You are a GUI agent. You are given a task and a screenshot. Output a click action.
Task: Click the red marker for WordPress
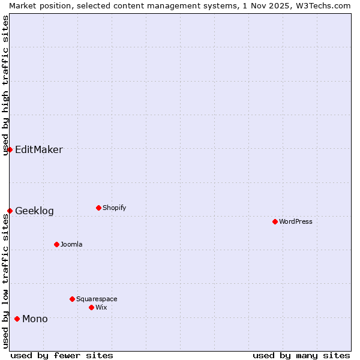[x=275, y=221]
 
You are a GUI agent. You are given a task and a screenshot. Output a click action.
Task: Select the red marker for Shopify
[x=98, y=208]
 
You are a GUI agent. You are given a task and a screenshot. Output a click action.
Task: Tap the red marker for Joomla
[x=56, y=244]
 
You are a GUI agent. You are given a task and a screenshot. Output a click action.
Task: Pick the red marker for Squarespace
[x=72, y=299]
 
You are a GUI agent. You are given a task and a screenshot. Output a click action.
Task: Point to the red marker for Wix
[x=91, y=307]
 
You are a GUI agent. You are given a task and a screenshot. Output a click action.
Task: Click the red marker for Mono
[x=17, y=319]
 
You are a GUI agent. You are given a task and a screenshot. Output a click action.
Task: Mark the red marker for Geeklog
[x=10, y=211]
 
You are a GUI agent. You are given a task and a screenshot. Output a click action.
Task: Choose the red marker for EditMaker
[x=10, y=149]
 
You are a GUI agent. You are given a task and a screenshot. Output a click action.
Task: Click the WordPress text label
[x=296, y=221]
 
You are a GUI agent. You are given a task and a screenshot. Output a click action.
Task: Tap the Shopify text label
[x=115, y=208]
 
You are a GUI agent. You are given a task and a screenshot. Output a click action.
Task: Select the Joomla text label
[x=71, y=244]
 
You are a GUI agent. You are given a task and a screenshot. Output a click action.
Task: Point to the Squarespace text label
[x=97, y=299]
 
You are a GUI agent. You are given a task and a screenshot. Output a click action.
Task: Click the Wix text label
[x=101, y=307]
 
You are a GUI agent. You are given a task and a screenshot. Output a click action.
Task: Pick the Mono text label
[x=35, y=319]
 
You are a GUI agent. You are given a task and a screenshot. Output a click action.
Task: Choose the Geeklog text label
[x=34, y=211]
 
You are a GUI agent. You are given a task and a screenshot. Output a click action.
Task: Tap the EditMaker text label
[x=38, y=149]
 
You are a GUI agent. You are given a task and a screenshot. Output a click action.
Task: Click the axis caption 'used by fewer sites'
[x=62, y=355]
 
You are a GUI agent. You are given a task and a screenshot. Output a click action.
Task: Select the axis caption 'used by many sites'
[x=301, y=355]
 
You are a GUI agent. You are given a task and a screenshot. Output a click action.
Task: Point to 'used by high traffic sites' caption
[x=5, y=85]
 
